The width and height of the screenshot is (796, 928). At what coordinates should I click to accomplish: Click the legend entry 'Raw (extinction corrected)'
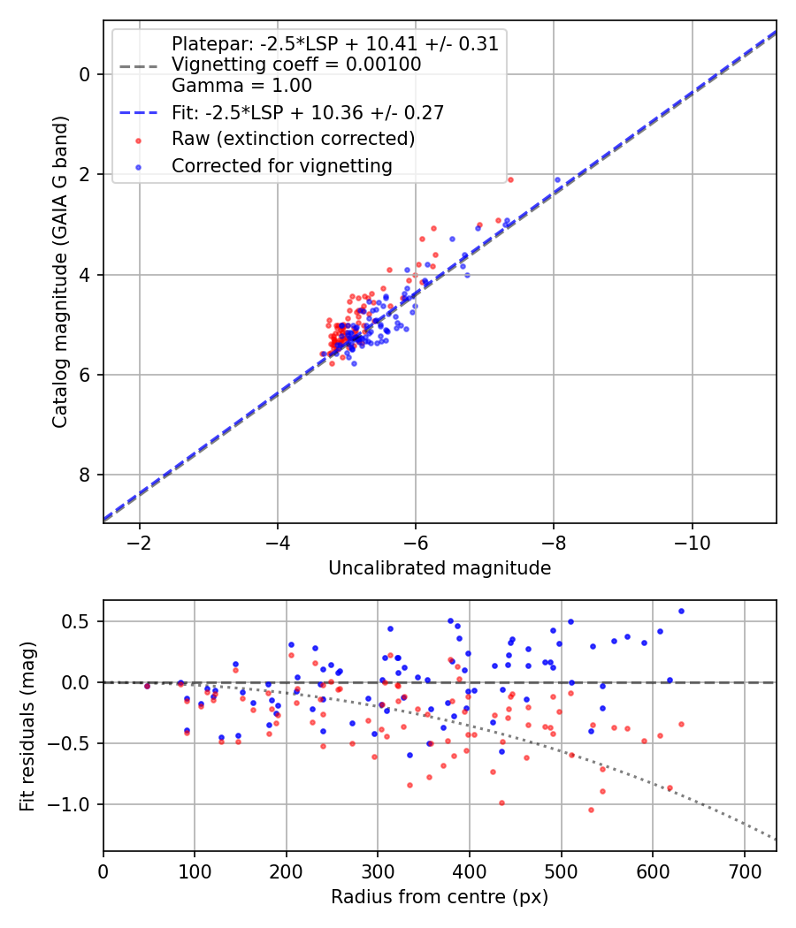tap(293, 139)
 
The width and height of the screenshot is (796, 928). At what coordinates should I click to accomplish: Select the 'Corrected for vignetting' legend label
tap(282, 166)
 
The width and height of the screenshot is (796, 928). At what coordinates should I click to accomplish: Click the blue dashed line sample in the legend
tap(139, 112)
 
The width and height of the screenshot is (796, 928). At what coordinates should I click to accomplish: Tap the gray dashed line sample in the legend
tap(139, 66)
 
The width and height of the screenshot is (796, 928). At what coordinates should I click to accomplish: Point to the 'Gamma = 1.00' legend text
tap(241, 85)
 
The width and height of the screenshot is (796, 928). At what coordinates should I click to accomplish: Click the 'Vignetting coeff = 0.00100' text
tap(296, 64)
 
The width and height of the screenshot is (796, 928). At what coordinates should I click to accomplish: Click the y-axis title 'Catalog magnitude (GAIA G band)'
tap(60, 271)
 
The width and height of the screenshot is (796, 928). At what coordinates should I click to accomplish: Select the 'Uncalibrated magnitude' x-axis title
tap(440, 568)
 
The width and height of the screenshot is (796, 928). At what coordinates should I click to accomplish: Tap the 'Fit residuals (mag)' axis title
tap(27, 726)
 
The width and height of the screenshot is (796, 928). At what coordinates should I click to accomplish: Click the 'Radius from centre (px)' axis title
tap(440, 897)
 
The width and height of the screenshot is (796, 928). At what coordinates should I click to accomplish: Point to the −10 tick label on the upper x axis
tap(692, 543)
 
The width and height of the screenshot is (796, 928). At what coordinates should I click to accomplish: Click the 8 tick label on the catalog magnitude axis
tap(84, 475)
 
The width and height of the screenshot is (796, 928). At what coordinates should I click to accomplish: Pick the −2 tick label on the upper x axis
tap(139, 543)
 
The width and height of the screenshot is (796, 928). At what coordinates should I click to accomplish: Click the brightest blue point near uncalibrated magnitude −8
tap(557, 179)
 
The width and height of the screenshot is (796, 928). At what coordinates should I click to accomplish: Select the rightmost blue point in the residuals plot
tap(681, 612)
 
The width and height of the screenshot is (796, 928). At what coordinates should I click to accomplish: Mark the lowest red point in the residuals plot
tap(591, 810)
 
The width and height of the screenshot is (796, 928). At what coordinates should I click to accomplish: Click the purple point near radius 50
tap(147, 687)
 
